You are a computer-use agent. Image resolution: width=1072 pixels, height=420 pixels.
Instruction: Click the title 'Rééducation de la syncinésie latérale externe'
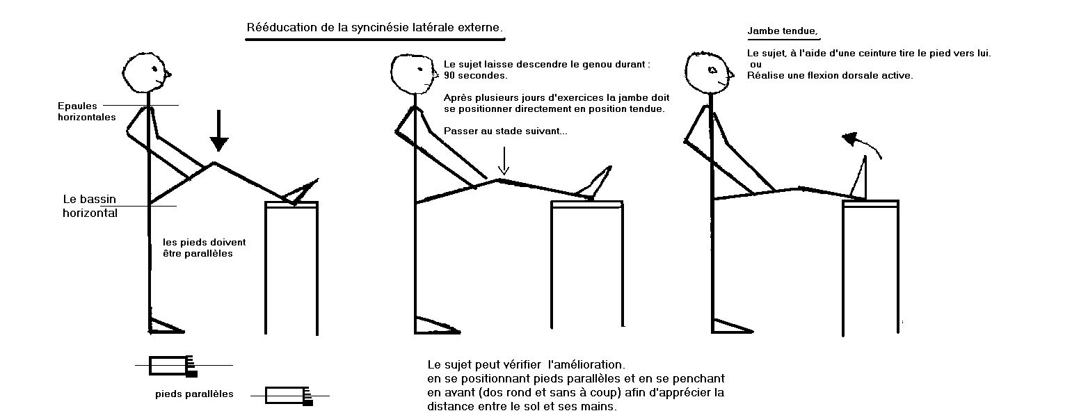(375, 27)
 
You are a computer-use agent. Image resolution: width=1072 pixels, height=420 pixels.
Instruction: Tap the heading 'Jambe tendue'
(783, 31)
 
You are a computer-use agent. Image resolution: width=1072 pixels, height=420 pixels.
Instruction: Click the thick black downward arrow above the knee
(218, 131)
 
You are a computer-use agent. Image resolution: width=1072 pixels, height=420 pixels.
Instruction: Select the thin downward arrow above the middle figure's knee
(504, 161)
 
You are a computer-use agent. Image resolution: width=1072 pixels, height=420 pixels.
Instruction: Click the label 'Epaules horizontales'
(87, 111)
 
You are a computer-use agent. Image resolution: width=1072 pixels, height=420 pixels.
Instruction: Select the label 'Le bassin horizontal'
(90, 206)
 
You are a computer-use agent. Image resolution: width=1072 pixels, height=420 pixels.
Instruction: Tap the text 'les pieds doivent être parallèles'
(204, 248)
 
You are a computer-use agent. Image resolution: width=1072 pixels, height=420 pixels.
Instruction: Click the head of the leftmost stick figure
(147, 73)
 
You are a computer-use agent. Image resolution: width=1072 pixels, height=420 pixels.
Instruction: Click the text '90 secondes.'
(475, 76)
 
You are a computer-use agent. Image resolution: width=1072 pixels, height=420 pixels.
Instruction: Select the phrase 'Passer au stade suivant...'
(505, 131)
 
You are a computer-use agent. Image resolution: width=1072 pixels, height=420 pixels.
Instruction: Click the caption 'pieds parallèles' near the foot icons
(194, 394)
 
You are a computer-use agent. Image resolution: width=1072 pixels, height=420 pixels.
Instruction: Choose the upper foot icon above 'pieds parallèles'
(173, 366)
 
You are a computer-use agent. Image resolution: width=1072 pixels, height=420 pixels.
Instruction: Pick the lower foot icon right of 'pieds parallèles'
(289, 396)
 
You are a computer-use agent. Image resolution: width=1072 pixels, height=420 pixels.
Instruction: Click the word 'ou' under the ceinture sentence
(755, 65)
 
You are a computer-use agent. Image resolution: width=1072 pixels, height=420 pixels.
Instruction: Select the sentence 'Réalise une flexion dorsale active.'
(830, 76)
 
